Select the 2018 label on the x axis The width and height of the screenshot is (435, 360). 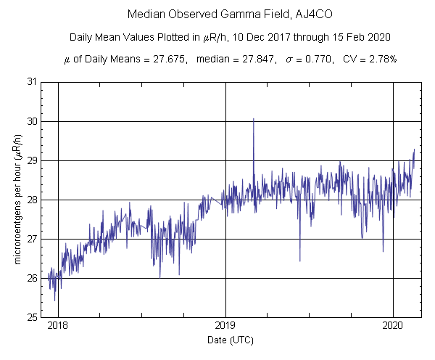point(58,327)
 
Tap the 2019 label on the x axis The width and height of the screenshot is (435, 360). point(225,327)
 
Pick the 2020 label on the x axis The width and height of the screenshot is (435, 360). point(393,327)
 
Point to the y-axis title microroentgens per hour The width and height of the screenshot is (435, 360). point(16,200)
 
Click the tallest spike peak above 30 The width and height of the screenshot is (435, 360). point(254,118)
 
